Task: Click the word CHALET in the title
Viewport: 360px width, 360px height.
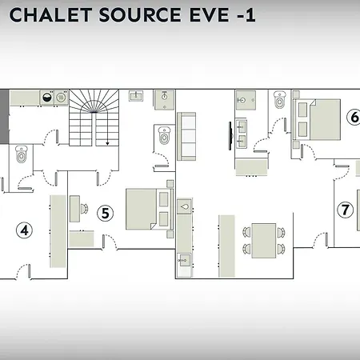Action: [50, 15]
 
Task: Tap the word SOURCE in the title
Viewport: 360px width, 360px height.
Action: [141, 15]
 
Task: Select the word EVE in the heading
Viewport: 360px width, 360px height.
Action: [210, 15]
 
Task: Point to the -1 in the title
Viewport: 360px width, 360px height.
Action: [246, 15]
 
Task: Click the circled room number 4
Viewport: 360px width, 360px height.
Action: [24, 230]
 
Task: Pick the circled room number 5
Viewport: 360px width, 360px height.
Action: [105, 213]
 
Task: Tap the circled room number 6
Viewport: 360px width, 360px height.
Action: [354, 117]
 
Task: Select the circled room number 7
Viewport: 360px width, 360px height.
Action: [345, 210]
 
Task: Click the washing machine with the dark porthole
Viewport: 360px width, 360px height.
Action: [47, 98]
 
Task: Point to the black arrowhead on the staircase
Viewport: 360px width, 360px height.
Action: [107, 144]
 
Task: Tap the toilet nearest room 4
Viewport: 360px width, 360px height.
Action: [21, 154]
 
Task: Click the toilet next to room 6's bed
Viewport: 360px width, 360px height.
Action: [279, 100]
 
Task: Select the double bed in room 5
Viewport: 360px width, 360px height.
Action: [150, 209]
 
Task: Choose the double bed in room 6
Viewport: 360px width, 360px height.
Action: [317, 119]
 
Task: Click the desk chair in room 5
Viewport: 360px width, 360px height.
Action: [84, 209]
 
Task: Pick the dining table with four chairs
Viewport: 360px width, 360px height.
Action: [264, 241]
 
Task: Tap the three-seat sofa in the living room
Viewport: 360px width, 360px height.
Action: [186, 136]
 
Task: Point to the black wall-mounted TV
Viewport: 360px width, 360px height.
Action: [230, 136]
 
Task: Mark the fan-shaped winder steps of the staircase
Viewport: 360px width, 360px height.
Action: [94, 102]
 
